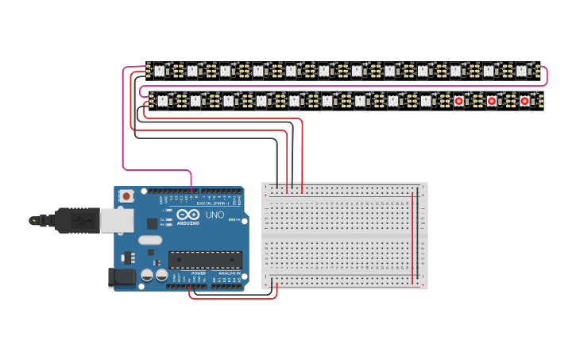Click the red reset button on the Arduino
click(126, 195)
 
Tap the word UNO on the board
click(215, 215)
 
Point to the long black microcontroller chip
click(205, 259)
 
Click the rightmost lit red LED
click(524, 101)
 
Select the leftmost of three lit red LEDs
click(458, 101)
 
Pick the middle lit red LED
click(492, 101)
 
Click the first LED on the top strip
click(159, 71)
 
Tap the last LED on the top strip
click(521, 71)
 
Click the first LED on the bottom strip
click(163, 101)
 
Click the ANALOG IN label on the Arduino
click(228, 273)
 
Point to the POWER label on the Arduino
click(198, 273)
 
